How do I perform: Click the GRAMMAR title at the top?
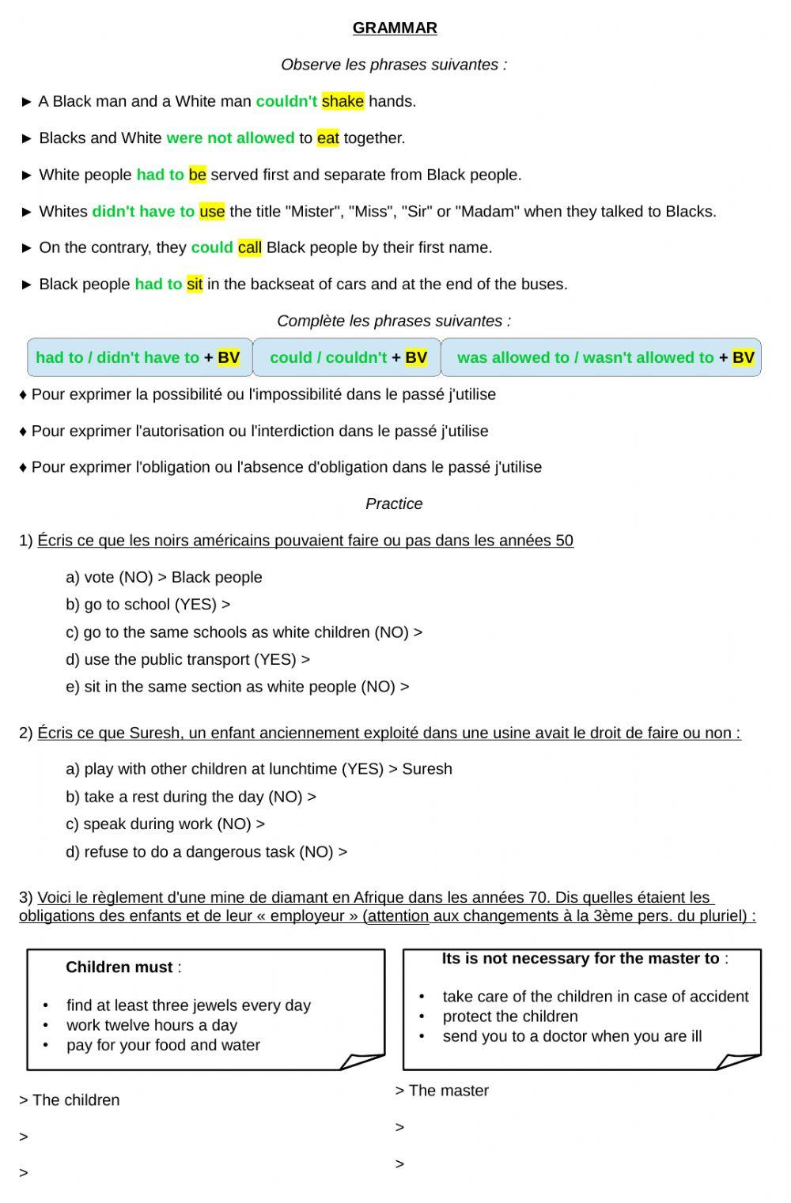[395, 28]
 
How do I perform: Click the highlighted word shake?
[343, 101]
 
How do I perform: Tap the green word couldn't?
[286, 101]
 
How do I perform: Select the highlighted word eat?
[327, 138]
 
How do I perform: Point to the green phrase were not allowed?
[230, 138]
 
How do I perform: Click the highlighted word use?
[212, 211]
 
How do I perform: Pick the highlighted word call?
[249, 247]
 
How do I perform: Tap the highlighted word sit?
[195, 285]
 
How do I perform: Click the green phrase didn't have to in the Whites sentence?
[143, 211]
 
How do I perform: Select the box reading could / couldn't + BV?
[347, 357]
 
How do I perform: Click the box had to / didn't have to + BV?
[139, 357]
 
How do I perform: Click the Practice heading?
[394, 503]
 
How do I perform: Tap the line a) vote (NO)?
[164, 577]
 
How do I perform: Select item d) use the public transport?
[187, 659]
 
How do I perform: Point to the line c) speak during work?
[165, 824]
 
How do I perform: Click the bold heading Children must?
[119, 967]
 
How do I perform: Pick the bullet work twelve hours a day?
[152, 1025]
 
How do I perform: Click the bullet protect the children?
[510, 1016]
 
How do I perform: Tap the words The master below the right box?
[448, 1091]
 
